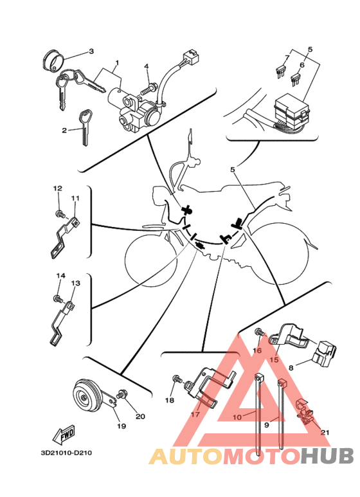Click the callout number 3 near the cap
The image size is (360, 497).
click(91, 51)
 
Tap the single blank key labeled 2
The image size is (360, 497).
click(85, 127)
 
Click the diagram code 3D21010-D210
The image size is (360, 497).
click(66, 453)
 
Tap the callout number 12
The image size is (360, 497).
click(58, 188)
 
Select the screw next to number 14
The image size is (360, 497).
click(58, 299)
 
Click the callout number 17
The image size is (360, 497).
click(195, 414)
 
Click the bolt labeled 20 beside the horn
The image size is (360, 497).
click(122, 394)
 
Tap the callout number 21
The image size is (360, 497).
click(325, 432)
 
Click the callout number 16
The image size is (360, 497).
click(257, 350)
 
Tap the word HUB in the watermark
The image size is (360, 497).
click(327, 456)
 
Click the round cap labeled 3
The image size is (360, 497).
click(53, 60)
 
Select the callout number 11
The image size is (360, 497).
click(75, 198)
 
